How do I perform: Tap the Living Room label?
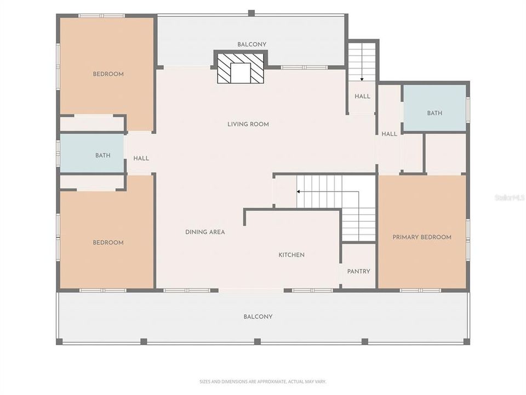click(x=248, y=125)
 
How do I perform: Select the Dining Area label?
click(x=205, y=232)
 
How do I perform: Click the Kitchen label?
click(x=291, y=255)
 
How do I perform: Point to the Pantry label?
click(x=358, y=272)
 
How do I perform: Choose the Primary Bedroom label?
click(x=422, y=238)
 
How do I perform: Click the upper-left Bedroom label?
click(x=108, y=74)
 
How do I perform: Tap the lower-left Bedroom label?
click(x=108, y=242)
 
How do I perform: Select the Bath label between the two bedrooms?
click(x=103, y=156)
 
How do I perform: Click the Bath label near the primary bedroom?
click(x=434, y=114)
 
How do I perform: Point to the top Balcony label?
click(x=251, y=44)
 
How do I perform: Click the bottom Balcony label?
click(x=258, y=317)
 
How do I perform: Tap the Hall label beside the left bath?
click(x=141, y=159)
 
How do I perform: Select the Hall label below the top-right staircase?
click(x=362, y=97)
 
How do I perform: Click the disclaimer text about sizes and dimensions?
click(x=262, y=381)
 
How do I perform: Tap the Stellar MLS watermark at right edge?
click(x=509, y=197)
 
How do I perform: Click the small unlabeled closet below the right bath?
click(x=445, y=154)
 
